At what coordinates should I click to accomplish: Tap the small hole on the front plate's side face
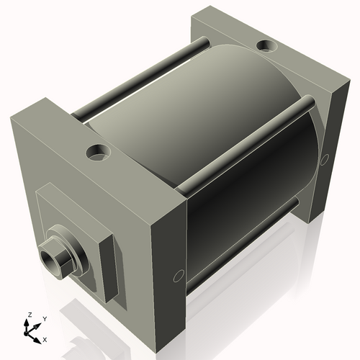pyautogui.click(x=179, y=275)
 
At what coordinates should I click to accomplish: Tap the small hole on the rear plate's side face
pyautogui.click(x=325, y=158)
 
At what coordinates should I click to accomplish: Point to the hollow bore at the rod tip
pyautogui.click(x=50, y=258)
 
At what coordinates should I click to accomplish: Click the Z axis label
pyautogui.click(x=29, y=315)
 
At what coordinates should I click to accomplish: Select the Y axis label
pyautogui.click(x=44, y=318)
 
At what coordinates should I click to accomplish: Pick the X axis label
pyautogui.click(x=45, y=338)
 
